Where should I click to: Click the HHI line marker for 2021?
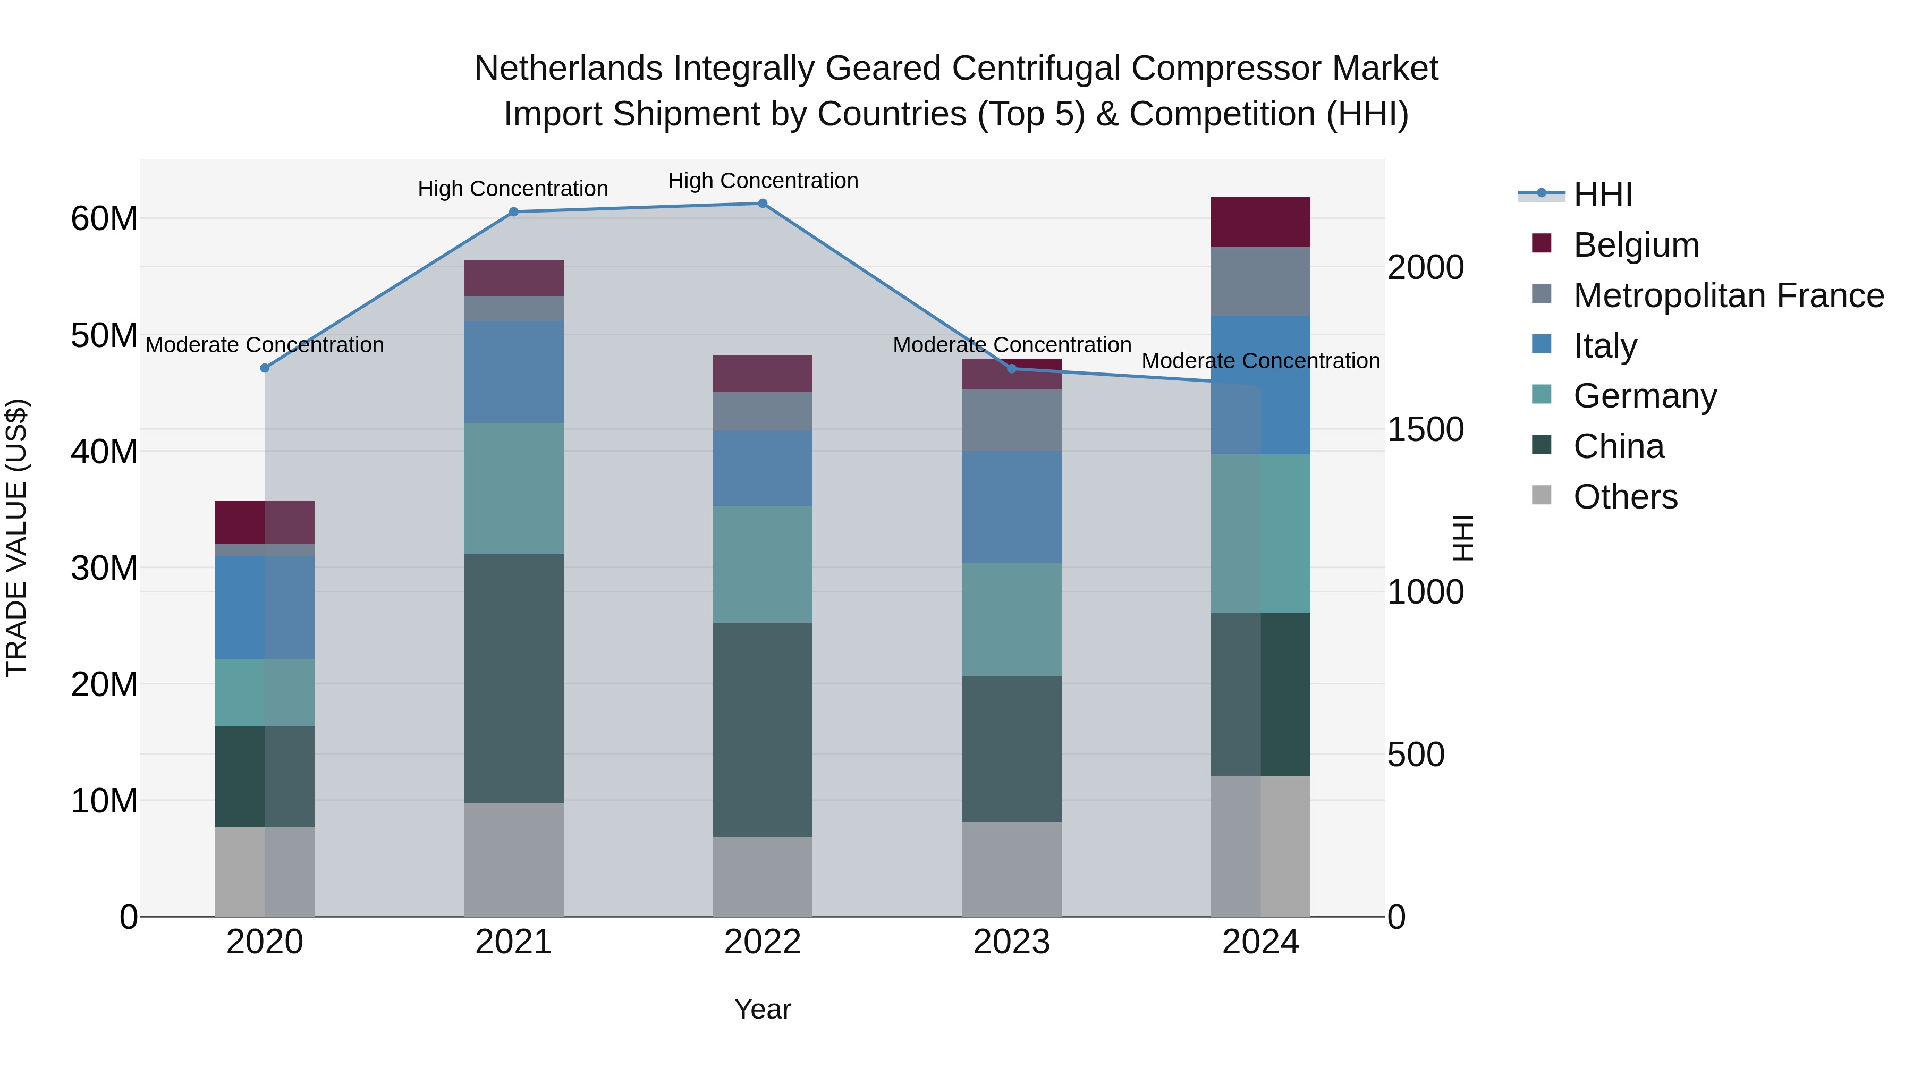513,211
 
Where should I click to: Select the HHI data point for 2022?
762,203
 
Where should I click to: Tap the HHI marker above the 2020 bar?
265,368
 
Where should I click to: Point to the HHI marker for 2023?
1011,368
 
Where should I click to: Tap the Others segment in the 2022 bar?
762,876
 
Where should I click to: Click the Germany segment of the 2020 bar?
265,691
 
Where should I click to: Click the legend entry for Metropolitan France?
1728,295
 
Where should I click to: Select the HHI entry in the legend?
1603,194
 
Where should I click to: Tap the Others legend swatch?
1541,495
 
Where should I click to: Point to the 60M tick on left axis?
104,219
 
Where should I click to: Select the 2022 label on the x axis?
762,942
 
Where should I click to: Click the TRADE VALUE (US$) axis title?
16,538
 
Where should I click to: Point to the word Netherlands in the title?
568,69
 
